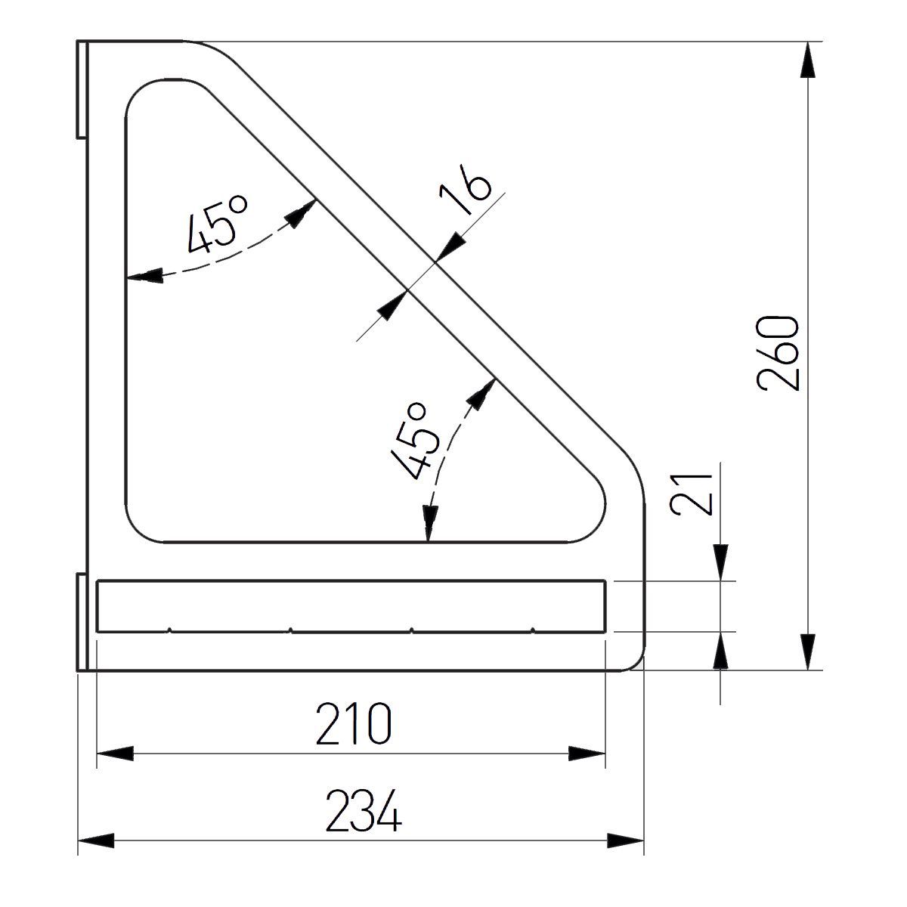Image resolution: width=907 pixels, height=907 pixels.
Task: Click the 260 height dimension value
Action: [x=779, y=353]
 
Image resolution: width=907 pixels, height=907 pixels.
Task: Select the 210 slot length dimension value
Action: [x=354, y=724]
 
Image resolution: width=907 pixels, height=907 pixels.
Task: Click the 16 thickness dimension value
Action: [x=465, y=189]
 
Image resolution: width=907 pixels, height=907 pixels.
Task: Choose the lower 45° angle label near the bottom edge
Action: [x=415, y=441]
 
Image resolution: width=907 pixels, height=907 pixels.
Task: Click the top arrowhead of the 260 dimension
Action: [x=808, y=59]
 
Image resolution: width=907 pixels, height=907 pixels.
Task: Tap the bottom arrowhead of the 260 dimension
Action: [x=808, y=652]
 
